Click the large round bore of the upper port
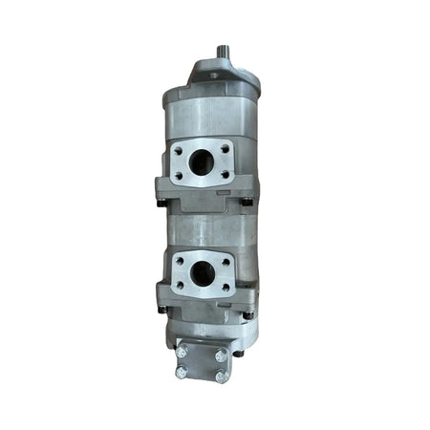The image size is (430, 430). [x=202, y=163]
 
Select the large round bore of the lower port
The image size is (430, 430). [x=202, y=273]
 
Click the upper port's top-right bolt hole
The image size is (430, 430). [x=225, y=148]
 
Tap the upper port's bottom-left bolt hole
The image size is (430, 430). [x=179, y=176]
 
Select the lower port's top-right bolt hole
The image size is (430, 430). [x=225, y=260]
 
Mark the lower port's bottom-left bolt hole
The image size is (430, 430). [x=178, y=286]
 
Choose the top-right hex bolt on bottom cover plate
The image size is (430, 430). [x=220, y=355]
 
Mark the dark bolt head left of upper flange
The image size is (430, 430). [x=161, y=202]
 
